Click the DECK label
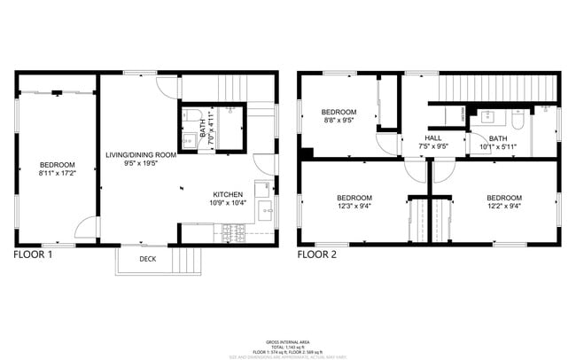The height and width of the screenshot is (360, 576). pyautogui.click(x=149, y=259)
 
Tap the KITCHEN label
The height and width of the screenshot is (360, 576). pyautogui.click(x=229, y=194)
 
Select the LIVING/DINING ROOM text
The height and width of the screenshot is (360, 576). pyautogui.click(x=141, y=154)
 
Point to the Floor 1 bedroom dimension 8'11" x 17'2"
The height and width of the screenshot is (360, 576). pyautogui.click(x=57, y=174)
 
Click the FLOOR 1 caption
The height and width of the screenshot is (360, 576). pyautogui.click(x=34, y=254)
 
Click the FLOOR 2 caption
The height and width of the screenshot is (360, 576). pyautogui.click(x=317, y=254)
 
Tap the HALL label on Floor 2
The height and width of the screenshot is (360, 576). pyautogui.click(x=433, y=138)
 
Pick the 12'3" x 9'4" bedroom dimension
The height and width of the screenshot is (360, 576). pyautogui.click(x=354, y=207)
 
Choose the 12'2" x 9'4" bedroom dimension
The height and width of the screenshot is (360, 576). pyautogui.click(x=503, y=207)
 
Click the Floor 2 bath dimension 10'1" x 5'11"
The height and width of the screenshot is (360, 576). pyautogui.click(x=498, y=147)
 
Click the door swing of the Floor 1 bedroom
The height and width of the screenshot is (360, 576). pyautogui.click(x=86, y=231)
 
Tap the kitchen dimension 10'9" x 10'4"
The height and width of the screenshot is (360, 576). pyautogui.click(x=229, y=204)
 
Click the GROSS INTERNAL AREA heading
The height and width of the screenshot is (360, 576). pyautogui.click(x=288, y=340)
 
